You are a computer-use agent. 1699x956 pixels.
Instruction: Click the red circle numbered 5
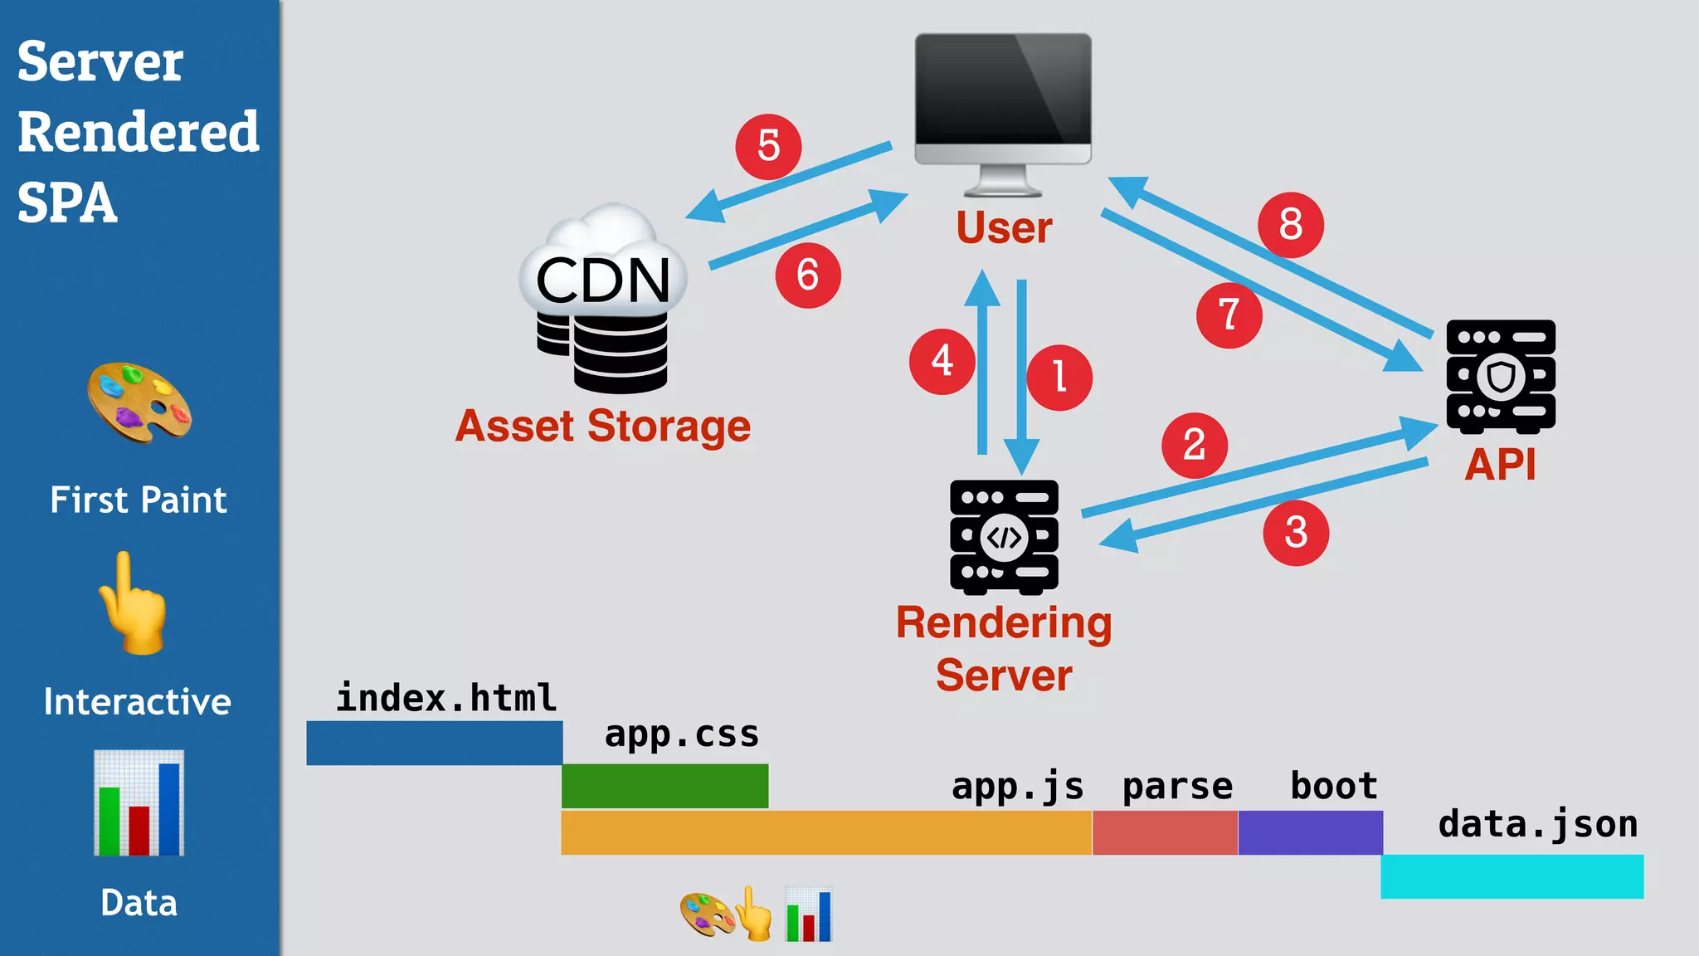click(768, 147)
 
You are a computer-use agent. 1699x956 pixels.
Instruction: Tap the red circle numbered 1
click(1059, 378)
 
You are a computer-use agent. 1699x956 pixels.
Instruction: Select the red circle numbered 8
click(1290, 225)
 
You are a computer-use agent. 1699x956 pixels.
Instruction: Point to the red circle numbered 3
click(1296, 533)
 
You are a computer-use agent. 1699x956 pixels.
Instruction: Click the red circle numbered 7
click(1229, 315)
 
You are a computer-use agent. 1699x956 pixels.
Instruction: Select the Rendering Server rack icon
click(1004, 537)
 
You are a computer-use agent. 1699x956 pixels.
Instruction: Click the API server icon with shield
click(1501, 376)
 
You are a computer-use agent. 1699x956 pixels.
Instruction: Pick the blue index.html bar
click(434, 743)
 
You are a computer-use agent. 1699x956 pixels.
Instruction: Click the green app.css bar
click(665, 786)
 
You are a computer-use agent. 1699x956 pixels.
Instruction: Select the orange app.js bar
click(825, 832)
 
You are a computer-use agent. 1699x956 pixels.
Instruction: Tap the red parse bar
click(1165, 832)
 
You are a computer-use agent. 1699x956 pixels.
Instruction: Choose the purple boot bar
click(1310, 832)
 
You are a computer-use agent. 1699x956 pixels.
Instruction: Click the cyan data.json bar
click(1512, 876)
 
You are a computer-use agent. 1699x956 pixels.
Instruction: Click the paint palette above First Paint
click(139, 402)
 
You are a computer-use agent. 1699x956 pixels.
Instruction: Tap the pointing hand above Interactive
click(133, 604)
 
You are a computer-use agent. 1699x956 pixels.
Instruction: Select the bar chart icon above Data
click(139, 802)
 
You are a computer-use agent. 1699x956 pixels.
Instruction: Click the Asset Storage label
click(603, 427)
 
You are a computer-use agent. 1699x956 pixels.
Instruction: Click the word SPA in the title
click(67, 202)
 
